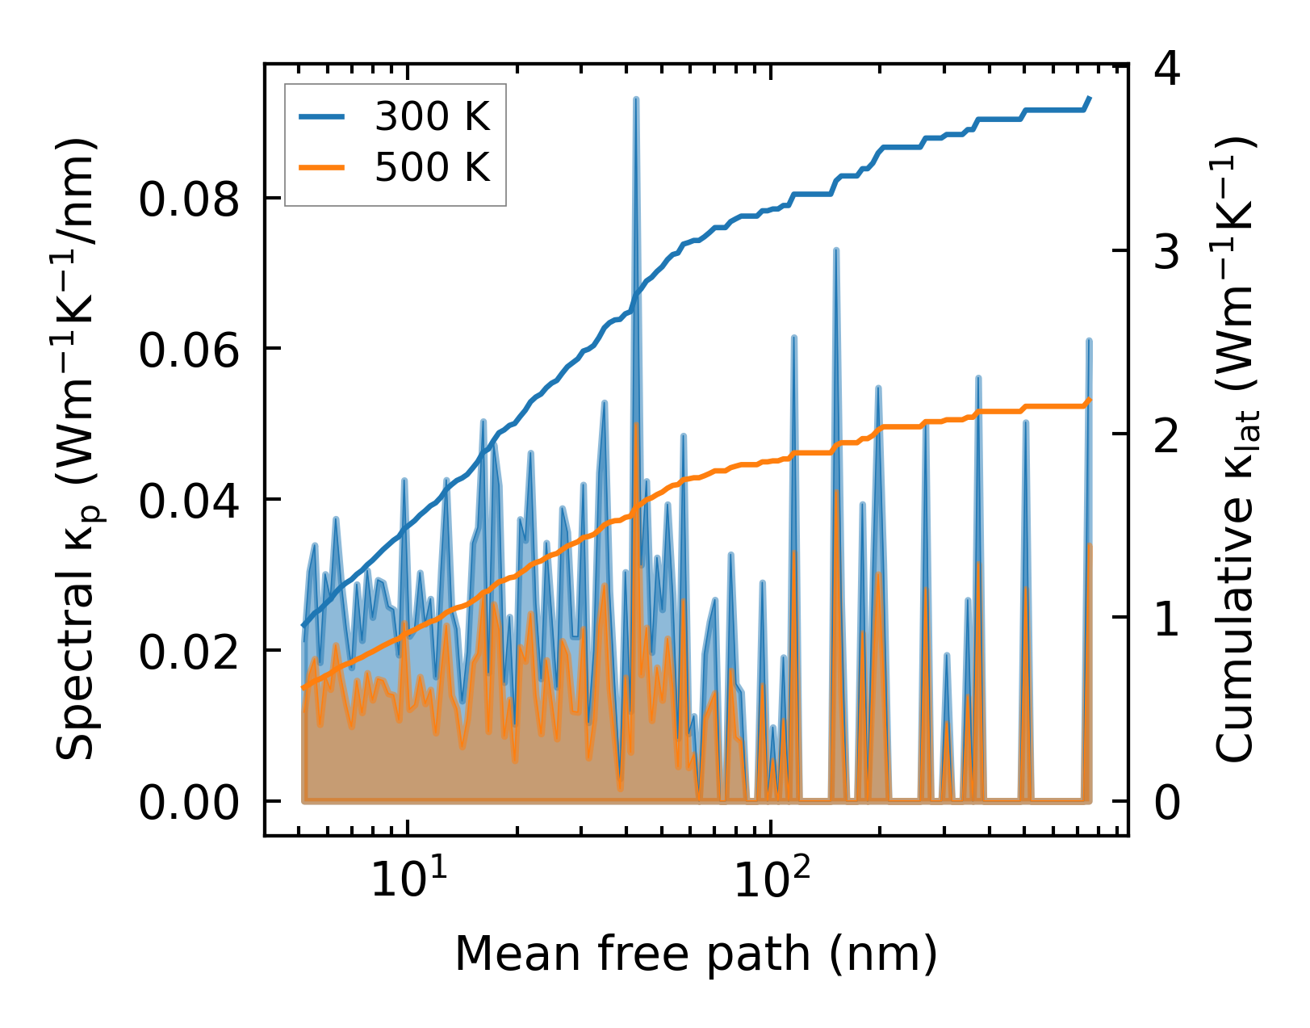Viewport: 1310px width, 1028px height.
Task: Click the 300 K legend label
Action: (x=432, y=118)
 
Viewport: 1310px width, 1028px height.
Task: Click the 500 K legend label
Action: (x=432, y=168)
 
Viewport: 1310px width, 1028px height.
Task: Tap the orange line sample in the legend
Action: (x=322, y=168)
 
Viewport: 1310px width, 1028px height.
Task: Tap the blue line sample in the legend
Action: (x=322, y=118)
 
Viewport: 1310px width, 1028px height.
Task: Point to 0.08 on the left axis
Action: (x=190, y=199)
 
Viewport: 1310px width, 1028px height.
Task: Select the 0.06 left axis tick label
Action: (x=190, y=350)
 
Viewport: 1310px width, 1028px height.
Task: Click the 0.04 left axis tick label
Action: (x=190, y=501)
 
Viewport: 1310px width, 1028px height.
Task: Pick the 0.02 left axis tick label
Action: (x=190, y=652)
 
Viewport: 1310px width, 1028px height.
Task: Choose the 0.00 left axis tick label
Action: (x=190, y=803)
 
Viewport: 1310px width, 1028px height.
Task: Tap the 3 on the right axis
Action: (x=1168, y=252)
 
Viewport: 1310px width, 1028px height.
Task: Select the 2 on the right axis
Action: (x=1168, y=436)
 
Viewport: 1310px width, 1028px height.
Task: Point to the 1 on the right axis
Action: (x=1168, y=619)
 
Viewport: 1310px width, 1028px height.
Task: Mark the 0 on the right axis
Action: (x=1168, y=803)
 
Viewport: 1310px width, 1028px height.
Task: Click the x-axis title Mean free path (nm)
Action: (x=696, y=954)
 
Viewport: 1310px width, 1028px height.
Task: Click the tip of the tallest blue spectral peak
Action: (x=636, y=99)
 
